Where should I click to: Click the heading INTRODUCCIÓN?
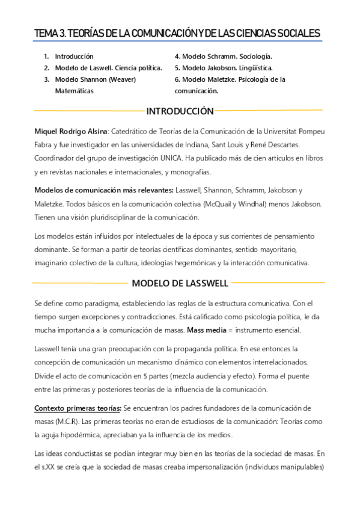pos(180,111)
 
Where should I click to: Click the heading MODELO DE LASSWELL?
pos(180,283)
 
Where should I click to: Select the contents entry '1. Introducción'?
pos(69,56)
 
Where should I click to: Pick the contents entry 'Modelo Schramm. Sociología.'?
pos(224,56)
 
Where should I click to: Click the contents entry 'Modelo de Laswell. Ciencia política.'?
pos(108,67)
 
